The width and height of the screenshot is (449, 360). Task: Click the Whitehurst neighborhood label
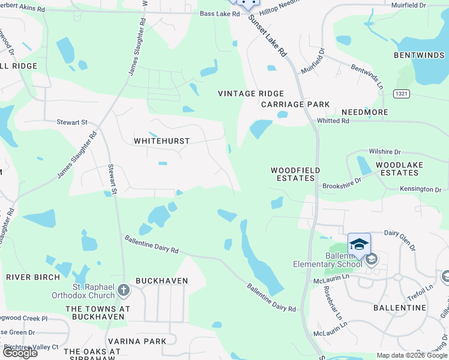pyautogui.click(x=161, y=141)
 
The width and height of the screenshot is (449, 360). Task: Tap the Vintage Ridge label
pyautogui.click(x=250, y=94)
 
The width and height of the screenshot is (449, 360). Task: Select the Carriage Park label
pyautogui.click(x=295, y=104)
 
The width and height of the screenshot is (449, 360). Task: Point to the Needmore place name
pyautogui.click(x=365, y=112)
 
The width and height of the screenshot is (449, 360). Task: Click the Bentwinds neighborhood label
pyautogui.click(x=420, y=55)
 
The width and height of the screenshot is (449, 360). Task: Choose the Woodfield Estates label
pyautogui.click(x=295, y=174)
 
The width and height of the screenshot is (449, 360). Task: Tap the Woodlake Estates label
pyautogui.click(x=400, y=169)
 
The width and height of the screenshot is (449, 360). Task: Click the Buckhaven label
pyautogui.click(x=162, y=280)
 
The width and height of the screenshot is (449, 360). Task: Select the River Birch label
pyautogui.click(x=33, y=277)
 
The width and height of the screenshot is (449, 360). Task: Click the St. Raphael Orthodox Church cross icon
pyautogui.click(x=124, y=290)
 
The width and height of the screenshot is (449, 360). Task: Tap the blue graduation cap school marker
pyautogui.click(x=359, y=244)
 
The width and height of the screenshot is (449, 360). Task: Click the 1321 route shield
pyautogui.click(x=403, y=94)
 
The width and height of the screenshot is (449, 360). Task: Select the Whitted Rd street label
pyautogui.click(x=333, y=121)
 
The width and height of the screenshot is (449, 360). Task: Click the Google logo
pyautogui.click(x=20, y=353)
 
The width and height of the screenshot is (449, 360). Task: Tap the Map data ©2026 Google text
pyautogui.click(x=412, y=355)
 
